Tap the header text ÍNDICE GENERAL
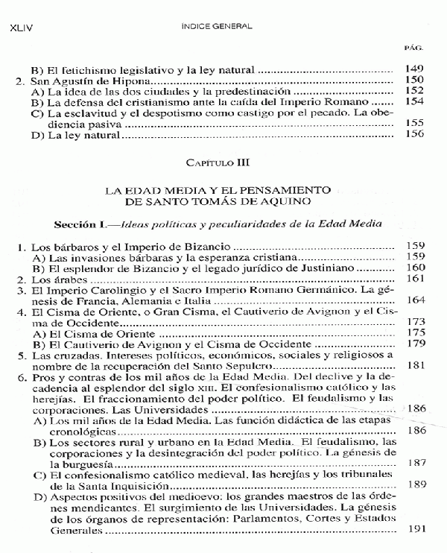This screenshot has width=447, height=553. pos(218,26)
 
